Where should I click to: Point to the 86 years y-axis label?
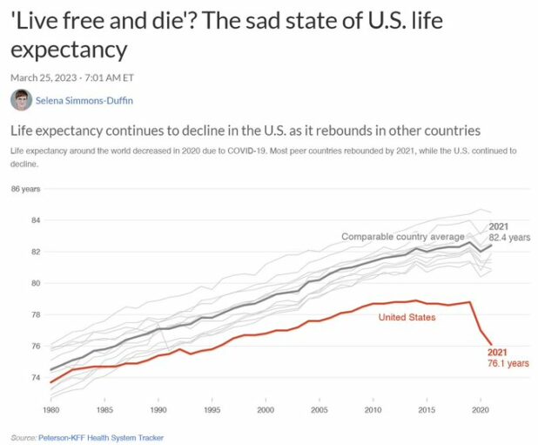(27, 189)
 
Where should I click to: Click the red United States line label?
(407, 317)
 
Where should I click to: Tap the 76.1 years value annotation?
(508, 362)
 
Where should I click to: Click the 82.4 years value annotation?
(509, 237)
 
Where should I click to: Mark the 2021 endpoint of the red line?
(491, 343)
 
